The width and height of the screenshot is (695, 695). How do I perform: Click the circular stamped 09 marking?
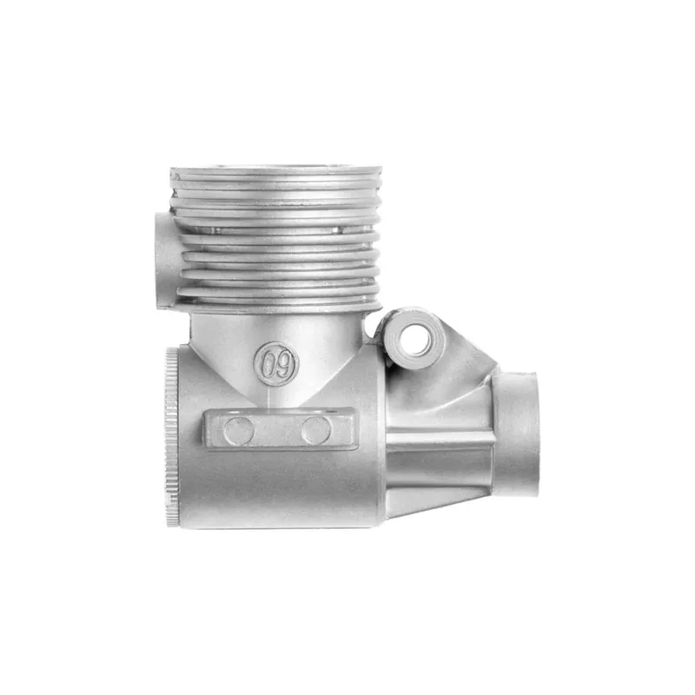(276, 363)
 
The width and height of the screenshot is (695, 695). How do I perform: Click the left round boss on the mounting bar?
(239, 431)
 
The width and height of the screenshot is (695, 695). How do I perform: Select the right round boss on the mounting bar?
(316, 431)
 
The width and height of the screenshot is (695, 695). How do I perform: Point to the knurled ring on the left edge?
(171, 438)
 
